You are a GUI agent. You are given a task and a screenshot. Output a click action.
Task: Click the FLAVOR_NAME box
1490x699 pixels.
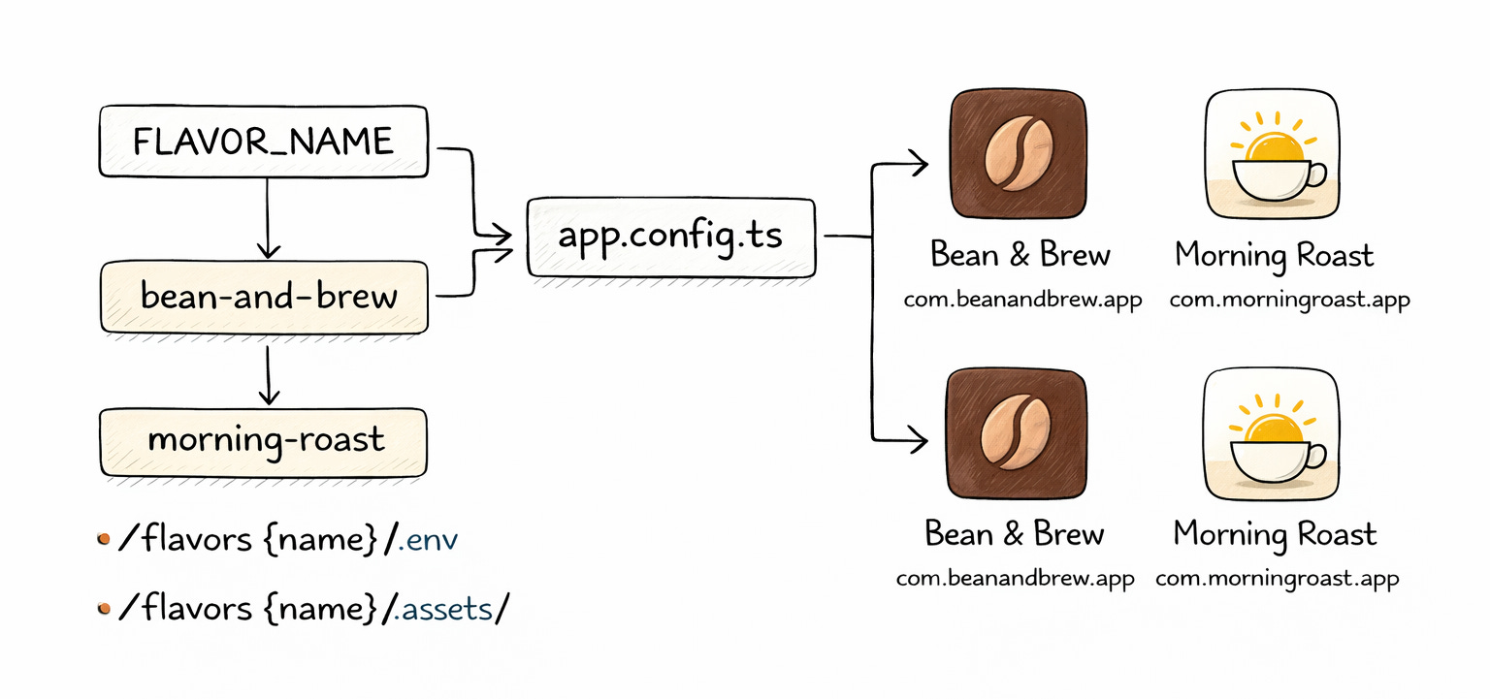coord(264,142)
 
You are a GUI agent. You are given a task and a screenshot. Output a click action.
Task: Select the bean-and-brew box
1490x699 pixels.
coord(264,296)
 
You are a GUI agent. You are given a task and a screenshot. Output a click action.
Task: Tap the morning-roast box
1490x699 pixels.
coord(264,441)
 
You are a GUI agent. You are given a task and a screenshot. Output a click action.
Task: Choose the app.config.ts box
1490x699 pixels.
coord(670,237)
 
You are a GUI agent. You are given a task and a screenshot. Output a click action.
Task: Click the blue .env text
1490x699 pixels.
coord(426,539)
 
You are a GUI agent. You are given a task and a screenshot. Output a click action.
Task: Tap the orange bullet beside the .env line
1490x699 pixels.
coord(104,538)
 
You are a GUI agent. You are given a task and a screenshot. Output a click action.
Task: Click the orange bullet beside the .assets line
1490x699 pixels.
coord(104,609)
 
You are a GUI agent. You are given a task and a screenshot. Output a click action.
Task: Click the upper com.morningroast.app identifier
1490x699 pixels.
coord(1288,300)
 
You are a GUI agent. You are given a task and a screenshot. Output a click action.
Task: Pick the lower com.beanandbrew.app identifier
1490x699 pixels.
coord(1015,580)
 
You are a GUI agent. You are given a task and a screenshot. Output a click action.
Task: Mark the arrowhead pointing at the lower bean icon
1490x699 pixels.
coord(917,442)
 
